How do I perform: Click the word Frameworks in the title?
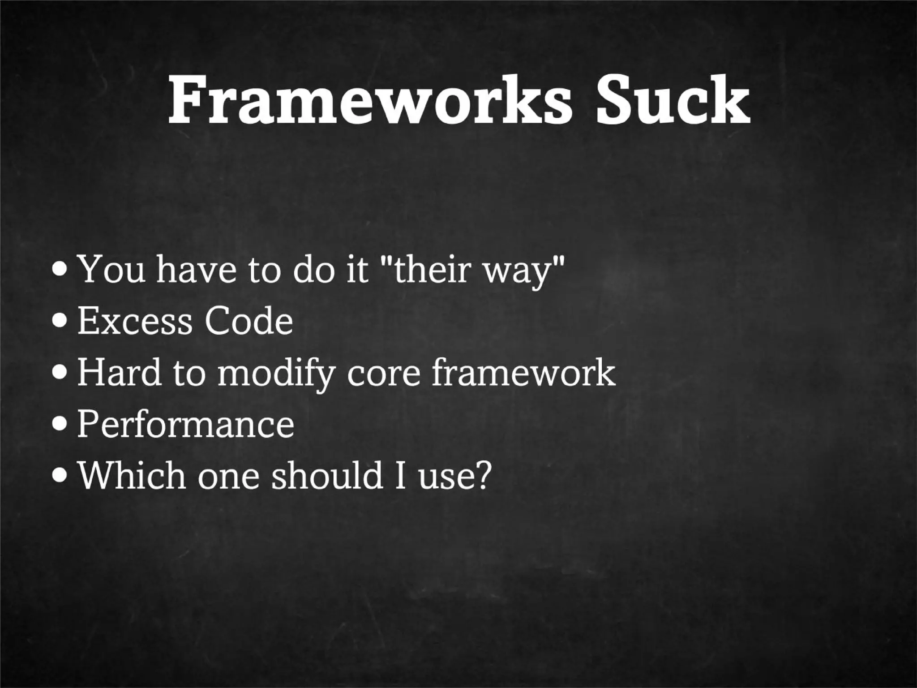tap(369, 101)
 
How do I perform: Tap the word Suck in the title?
tap(673, 101)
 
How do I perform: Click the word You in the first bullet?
tap(111, 270)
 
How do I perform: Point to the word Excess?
tap(134, 321)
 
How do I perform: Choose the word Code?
tap(249, 321)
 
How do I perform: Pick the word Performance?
tap(186, 424)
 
